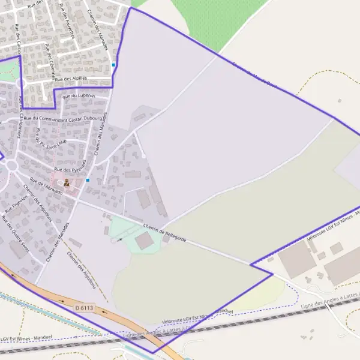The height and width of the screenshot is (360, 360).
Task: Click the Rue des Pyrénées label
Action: [x=71, y=166]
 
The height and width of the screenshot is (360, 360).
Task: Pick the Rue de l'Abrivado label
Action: [x=46, y=187]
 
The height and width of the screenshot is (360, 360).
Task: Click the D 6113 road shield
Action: [x=85, y=308]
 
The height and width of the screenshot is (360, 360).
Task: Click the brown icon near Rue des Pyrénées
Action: [x=66, y=182]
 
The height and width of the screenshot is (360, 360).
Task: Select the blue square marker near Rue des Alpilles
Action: [x=113, y=64]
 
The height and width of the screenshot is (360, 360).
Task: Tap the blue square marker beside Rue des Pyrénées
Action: [x=88, y=179]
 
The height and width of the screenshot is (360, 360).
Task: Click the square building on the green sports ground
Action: [x=144, y=241]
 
